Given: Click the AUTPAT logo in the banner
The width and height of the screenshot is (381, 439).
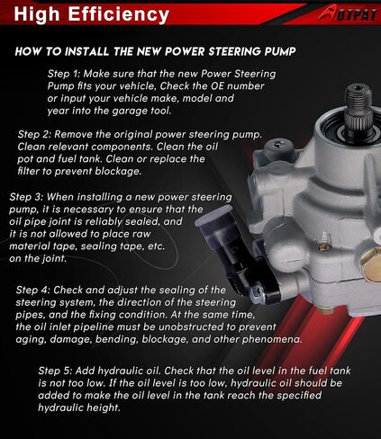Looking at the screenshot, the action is pos(348,14).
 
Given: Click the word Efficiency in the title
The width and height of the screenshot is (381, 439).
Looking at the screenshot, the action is pos(119,14).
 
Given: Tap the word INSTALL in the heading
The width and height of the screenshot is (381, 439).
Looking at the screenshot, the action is pos(86,51).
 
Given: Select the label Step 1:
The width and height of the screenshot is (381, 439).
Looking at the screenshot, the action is pos(64,74).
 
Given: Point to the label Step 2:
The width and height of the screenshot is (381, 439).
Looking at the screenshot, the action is pos(34,134).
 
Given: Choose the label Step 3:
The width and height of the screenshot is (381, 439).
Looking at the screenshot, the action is pos(26,197).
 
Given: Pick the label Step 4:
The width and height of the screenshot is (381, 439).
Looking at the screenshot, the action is pos(33,290).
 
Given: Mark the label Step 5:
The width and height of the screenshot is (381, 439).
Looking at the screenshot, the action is pos(55,371).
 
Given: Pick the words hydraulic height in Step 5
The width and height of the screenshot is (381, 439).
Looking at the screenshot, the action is pos(79,408).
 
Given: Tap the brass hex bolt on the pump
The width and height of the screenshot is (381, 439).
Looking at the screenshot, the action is pos(370,263).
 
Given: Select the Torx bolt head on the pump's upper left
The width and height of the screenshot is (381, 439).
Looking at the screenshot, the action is pos(277,146).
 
